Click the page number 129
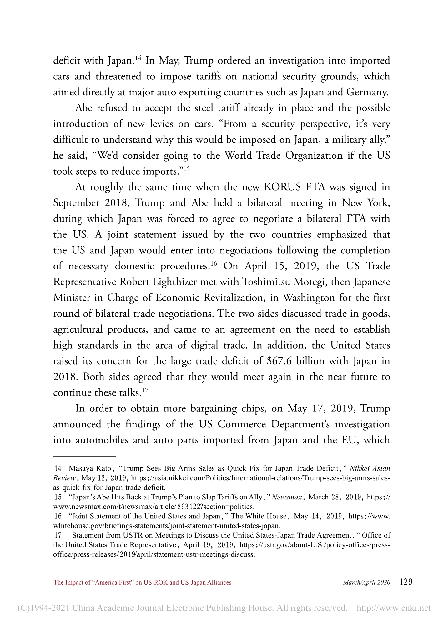[406, 582]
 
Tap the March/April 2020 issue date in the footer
[366, 582]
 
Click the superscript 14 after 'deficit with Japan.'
[139, 58]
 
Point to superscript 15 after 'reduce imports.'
[186, 169]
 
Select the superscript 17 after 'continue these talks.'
[145, 390]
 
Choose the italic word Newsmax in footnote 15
[287, 497]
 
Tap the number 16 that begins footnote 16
[58, 516]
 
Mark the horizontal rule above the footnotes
[84, 456]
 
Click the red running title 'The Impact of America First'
[143, 582]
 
